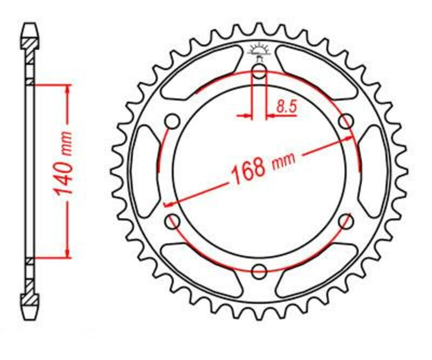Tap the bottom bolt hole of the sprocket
click(259, 270)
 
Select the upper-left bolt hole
click(173, 122)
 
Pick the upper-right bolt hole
click(345, 122)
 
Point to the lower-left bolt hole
click(173, 220)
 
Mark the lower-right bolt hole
click(346, 220)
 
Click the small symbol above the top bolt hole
click(259, 50)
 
